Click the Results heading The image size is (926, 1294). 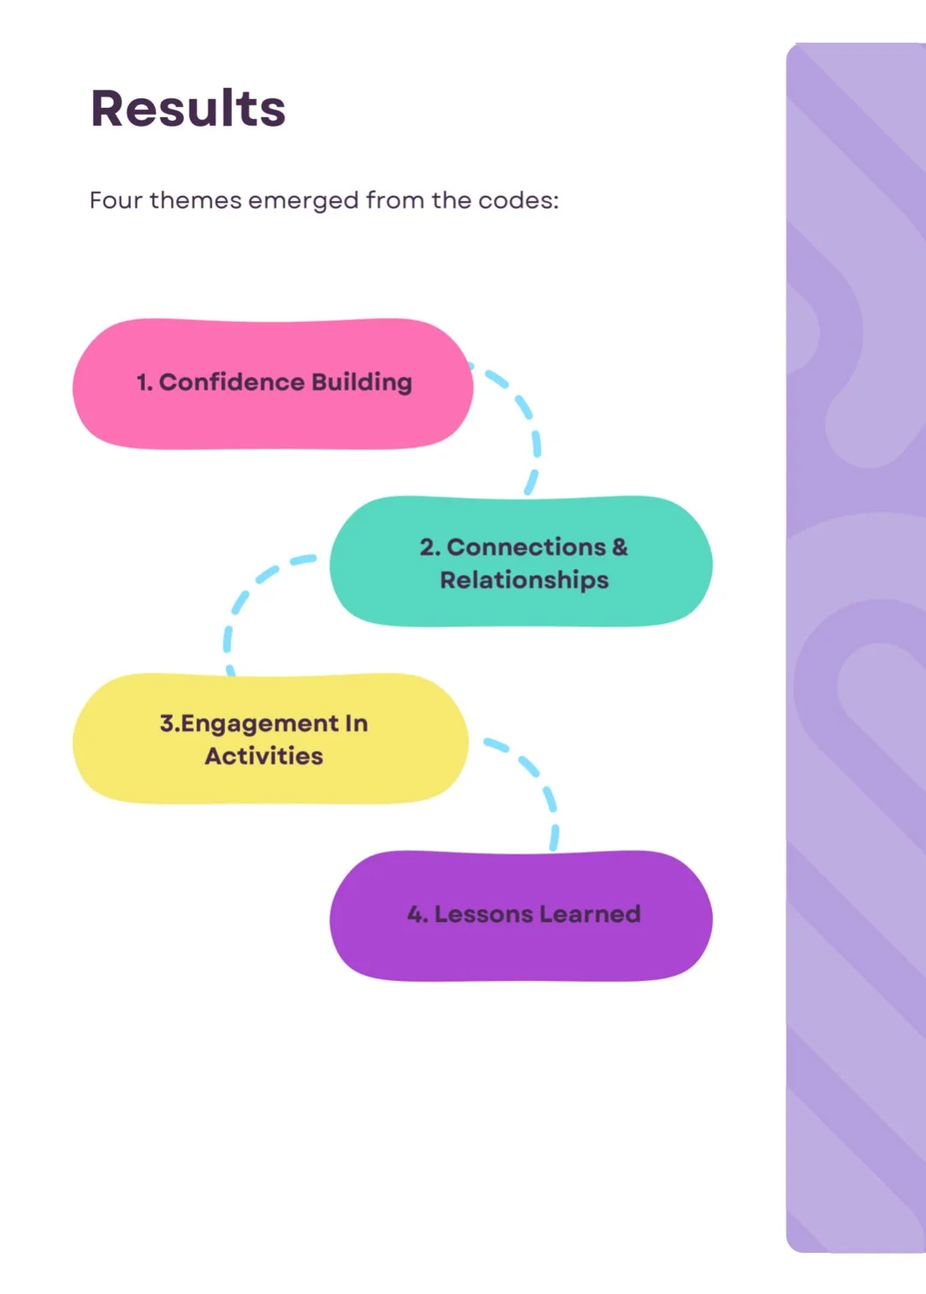tap(187, 109)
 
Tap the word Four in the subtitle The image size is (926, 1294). tap(116, 200)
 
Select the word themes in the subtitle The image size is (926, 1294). tap(196, 200)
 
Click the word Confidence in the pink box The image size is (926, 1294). tap(220, 382)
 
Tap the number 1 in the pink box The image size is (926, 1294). tap(143, 383)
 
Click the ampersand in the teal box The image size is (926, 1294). tap(620, 547)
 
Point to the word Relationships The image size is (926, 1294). tap(524, 580)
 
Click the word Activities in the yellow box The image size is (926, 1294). tap(264, 756)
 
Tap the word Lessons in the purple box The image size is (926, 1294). tap(484, 914)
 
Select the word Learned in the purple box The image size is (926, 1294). tap(590, 914)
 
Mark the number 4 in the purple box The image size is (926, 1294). tap(416, 914)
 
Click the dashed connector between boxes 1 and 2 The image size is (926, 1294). tap(528, 419)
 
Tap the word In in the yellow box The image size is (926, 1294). tap(356, 724)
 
